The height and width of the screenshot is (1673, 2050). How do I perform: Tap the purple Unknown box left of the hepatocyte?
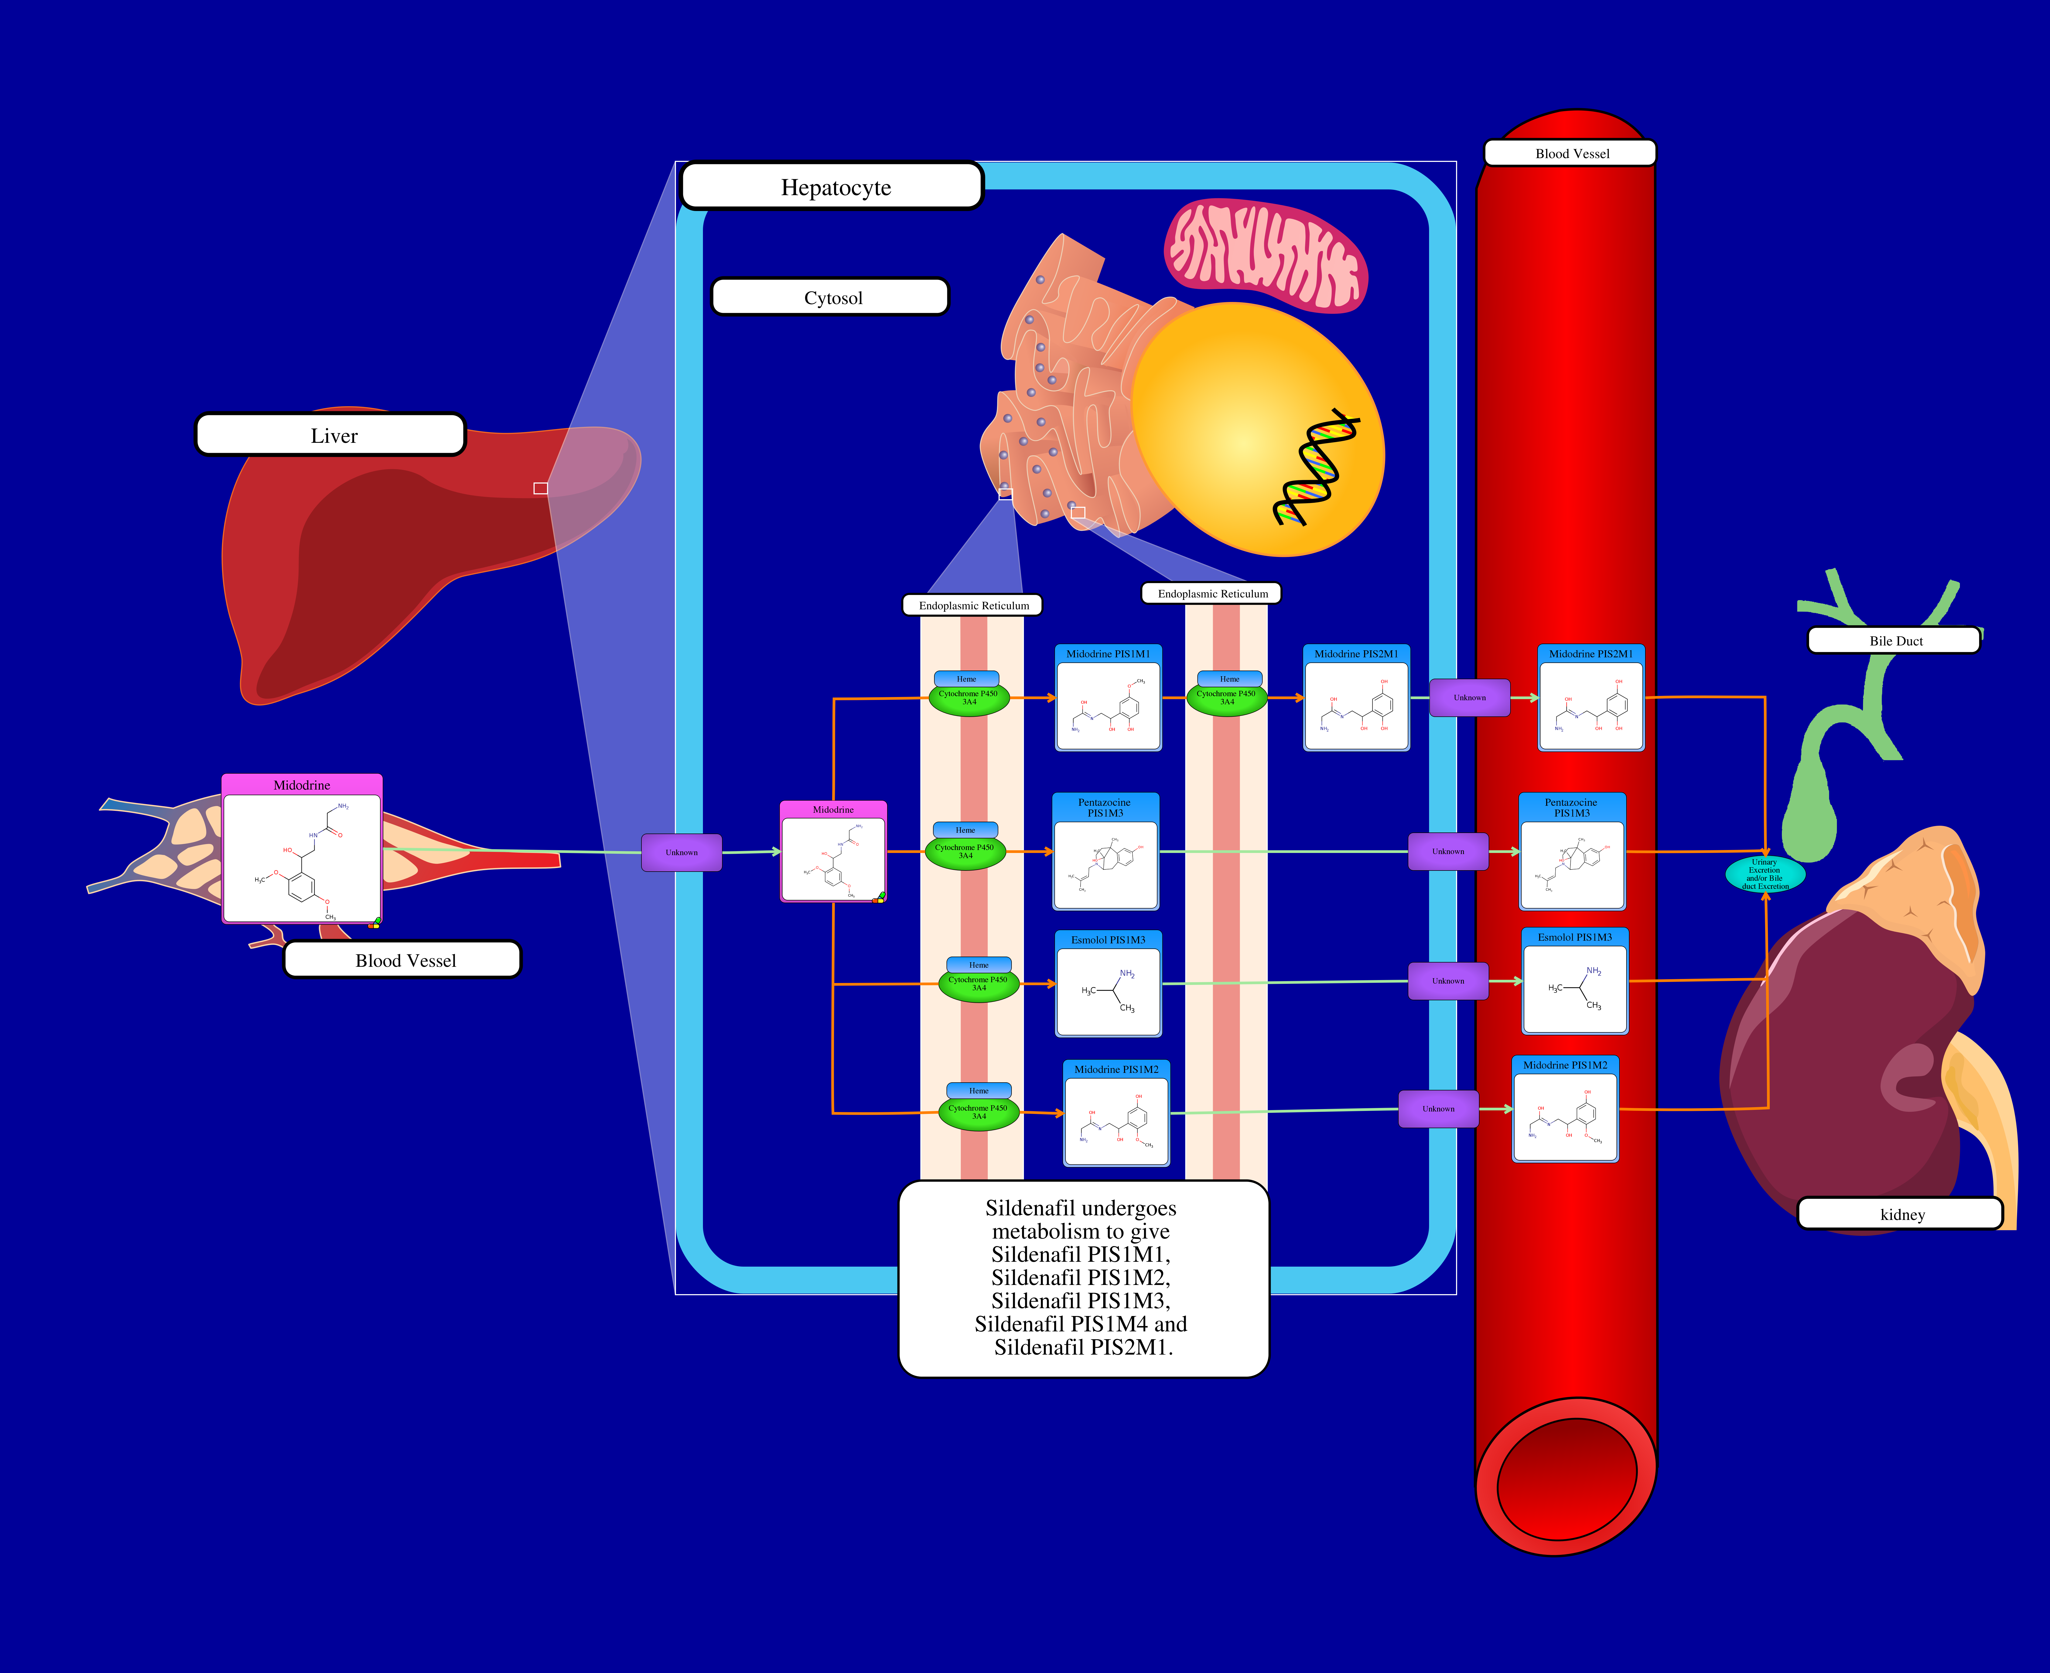(x=681, y=852)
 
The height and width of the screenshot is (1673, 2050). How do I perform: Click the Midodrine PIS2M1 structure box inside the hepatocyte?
(x=1355, y=699)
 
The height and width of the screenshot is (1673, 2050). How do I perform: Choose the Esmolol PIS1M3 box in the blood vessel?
(x=1574, y=981)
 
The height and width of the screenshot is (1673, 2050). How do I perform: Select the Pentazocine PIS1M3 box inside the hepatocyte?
(x=1105, y=852)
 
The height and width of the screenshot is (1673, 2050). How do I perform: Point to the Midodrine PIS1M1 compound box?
(x=1108, y=699)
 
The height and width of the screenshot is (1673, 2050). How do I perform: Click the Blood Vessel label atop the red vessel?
(x=1570, y=153)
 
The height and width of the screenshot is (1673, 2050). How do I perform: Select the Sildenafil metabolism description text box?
(x=1083, y=1278)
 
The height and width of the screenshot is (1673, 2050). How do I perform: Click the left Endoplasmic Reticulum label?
(x=972, y=605)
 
